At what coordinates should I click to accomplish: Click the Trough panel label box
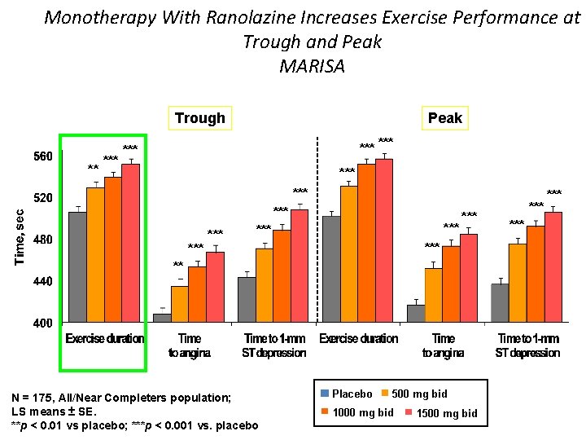tap(199, 118)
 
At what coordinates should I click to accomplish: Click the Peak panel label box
tap(444, 118)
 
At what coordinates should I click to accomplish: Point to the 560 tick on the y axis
tap(42, 156)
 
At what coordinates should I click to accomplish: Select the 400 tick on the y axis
tap(42, 323)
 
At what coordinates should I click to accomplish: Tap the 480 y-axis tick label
tap(42, 240)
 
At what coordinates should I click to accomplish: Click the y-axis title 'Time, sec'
tap(20, 235)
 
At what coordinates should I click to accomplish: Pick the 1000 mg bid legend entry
tap(358, 412)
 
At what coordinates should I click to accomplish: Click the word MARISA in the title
tap(312, 66)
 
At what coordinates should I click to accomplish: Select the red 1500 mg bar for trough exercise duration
tap(131, 244)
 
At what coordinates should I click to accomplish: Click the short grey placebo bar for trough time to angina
tap(162, 318)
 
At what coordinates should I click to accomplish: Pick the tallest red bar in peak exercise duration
tap(384, 240)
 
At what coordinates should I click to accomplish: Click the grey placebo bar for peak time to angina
tap(416, 314)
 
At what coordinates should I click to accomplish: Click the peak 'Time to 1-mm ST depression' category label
tap(528, 345)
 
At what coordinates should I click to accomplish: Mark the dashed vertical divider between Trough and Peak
tap(317, 228)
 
